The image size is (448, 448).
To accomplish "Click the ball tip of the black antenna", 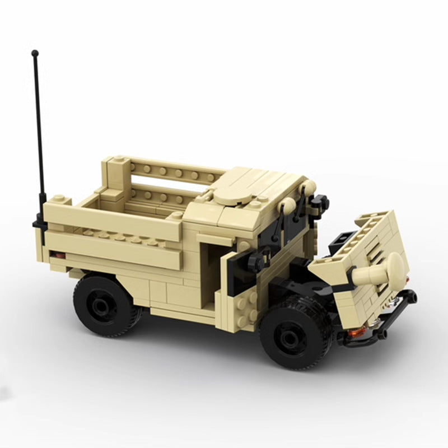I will (x=35, y=53).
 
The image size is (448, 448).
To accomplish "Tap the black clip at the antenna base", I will (x=41, y=223).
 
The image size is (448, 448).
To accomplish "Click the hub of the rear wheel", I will (x=102, y=305).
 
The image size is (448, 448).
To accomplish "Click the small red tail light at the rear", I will (x=54, y=255).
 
